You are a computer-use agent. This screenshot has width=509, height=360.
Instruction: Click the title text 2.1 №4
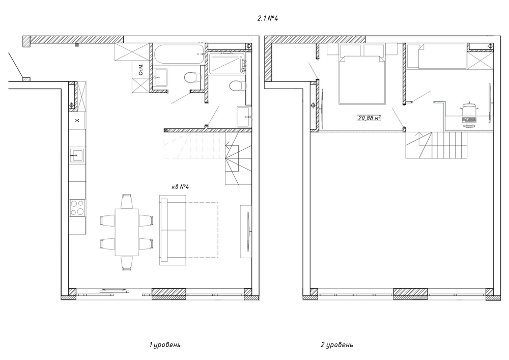point(268,18)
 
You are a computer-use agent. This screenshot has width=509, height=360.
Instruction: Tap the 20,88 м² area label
point(369,118)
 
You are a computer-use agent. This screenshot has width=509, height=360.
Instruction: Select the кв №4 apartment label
point(180,187)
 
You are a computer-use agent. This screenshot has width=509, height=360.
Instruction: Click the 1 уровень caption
point(165,345)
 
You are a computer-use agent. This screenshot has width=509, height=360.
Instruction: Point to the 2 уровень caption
point(336,345)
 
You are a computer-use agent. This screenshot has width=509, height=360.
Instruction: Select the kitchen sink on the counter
point(77,155)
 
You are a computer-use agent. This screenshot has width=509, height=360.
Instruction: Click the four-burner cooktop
point(77,208)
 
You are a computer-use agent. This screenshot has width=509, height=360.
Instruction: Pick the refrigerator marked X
point(77,121)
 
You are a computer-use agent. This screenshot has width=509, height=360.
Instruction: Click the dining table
point(127,232)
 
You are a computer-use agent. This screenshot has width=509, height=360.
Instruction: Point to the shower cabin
point(227,64)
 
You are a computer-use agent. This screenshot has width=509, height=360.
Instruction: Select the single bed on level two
point(443,57)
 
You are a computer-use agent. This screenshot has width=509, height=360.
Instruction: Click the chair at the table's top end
point(127,201)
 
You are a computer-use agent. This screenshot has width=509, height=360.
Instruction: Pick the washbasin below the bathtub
point(160,77)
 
